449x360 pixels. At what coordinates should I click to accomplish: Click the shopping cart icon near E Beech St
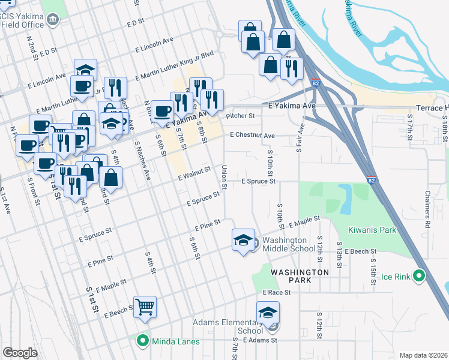[x=145, y=307]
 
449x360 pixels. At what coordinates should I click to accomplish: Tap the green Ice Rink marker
[x=420, y=277]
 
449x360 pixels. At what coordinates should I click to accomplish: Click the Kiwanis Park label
[x=372, y=230]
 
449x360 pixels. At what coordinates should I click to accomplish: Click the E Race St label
[x=276, y=293]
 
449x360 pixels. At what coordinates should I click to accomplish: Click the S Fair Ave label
[x=300, y=137]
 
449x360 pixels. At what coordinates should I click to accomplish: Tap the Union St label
[x=224, y=178]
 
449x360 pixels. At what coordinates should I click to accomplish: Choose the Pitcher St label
[x=240, y=116]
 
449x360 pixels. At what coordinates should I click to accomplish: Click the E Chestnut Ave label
[x=252, y=136]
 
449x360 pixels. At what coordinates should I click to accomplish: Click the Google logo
[x=20, y=353]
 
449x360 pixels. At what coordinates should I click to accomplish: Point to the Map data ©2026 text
[x=424, y=355]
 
